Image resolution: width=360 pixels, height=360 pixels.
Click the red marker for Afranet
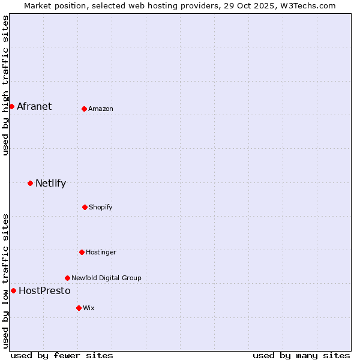point(11,106)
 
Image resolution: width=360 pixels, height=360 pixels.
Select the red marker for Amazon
point(84,109)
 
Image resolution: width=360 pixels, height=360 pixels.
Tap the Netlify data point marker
point(30,183)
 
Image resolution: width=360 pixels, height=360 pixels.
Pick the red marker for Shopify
point(85,207)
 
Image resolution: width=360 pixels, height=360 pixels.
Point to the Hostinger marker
point(82,252)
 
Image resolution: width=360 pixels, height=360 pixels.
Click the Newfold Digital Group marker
point(67,278)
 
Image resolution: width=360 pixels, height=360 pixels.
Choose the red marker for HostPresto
point(13,290)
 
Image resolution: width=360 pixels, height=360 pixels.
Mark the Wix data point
point(79,308)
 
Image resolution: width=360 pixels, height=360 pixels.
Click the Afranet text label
point(34,107)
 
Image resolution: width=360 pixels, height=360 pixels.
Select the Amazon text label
point(101,109)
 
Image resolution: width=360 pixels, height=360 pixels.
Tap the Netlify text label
point(50,184)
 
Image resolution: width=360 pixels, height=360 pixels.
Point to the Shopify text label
point(101,208)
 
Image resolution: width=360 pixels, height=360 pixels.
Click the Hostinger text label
point(101,253)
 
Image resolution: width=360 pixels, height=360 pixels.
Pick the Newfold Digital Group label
point(106,278)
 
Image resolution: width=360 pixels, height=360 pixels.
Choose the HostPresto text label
point(44,291)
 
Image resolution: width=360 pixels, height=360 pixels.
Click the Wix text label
point(89,308)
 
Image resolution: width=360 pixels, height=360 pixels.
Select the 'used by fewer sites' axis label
point(62,355)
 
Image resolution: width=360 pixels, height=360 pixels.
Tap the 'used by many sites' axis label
point(301,355)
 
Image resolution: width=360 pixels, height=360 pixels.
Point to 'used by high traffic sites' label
point(5,85)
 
